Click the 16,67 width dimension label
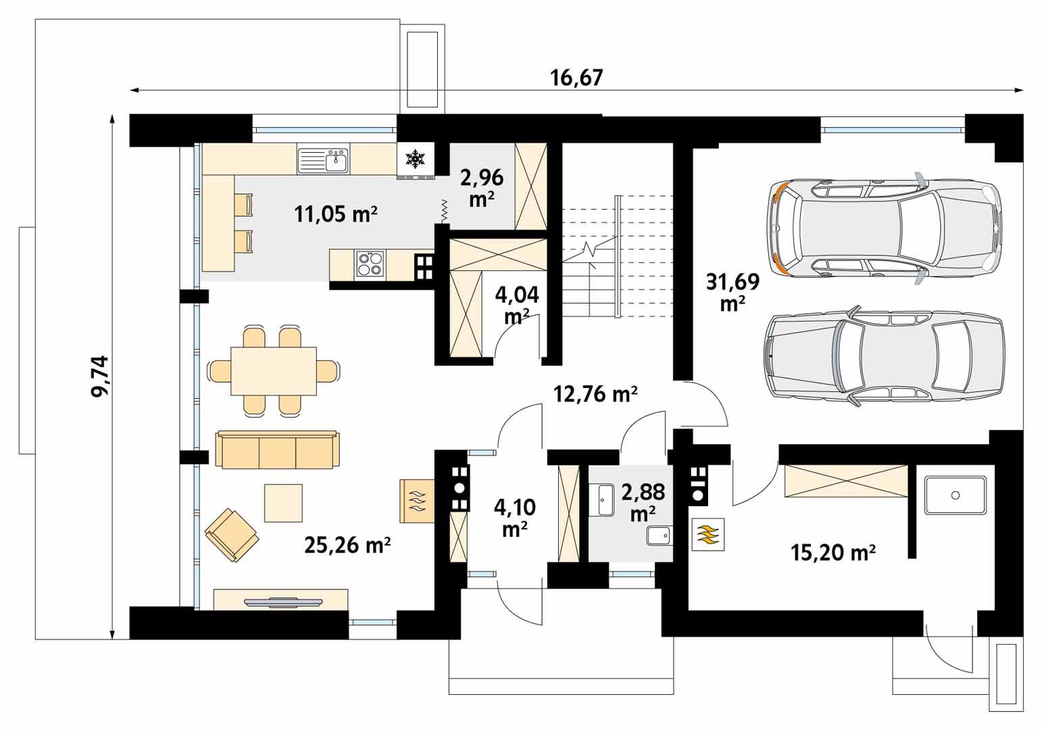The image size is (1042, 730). (x=576, y=78)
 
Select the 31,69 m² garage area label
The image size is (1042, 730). (x=732, y=292)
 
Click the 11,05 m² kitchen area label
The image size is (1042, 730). (x=335, y=214)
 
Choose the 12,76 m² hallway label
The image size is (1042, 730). (x=595, y=393)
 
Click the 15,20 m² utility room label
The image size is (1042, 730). (x=833, y=553)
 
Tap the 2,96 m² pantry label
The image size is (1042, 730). (x=481, y=188)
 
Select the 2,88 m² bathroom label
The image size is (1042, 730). (x=643, y=502)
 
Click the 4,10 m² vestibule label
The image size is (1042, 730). (x=514, y=517)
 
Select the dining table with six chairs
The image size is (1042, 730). (x=274, y=371)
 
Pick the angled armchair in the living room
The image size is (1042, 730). (x=231, y=534)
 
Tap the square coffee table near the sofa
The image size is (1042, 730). (x=283, y=503)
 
